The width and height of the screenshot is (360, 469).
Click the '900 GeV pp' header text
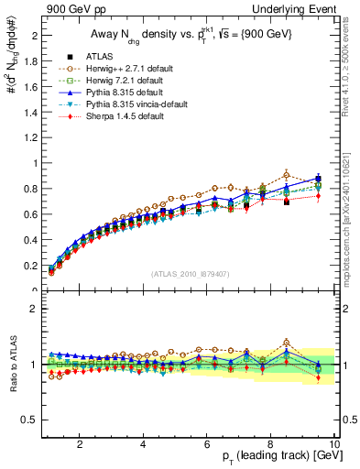tap(72, 8)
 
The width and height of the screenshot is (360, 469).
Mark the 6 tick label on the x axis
tap(207, 446)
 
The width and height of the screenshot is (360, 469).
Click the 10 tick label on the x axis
tap(333, 446)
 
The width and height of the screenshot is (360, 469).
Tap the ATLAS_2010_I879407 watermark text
tap(190, 274)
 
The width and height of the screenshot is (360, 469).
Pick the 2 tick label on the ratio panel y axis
tap(31, 309)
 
